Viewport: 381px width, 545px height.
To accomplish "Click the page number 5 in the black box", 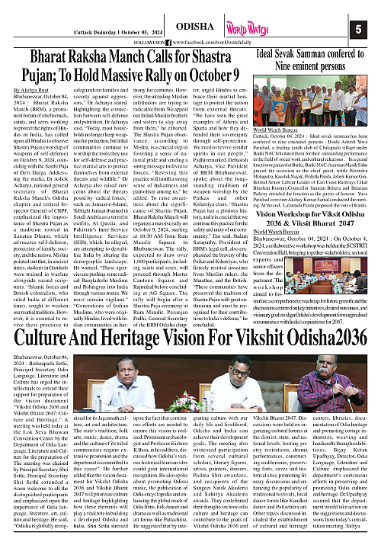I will pos(358,29).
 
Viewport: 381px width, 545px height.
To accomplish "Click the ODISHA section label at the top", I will pos(193,24).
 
